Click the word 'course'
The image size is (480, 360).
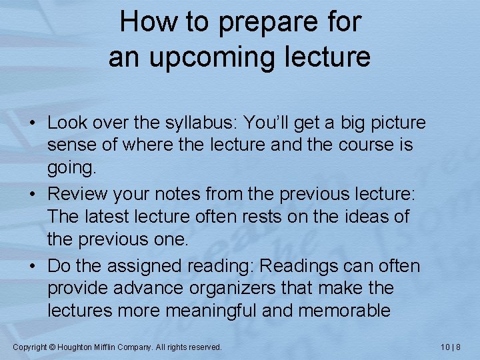(x=358, y=145)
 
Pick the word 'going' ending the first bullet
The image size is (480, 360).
(x=70, y=167)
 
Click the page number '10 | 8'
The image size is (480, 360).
(x=451, y=347)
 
